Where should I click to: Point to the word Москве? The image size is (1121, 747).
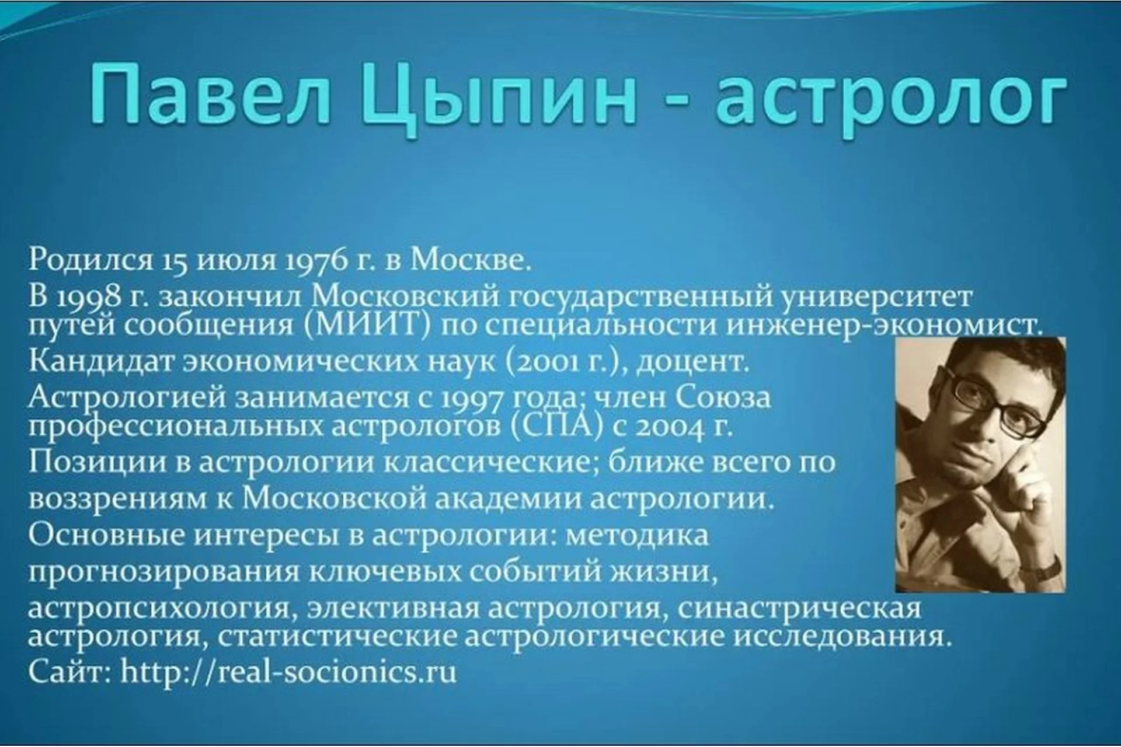[471, 259]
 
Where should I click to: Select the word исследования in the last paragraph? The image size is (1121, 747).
[837, 637]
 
